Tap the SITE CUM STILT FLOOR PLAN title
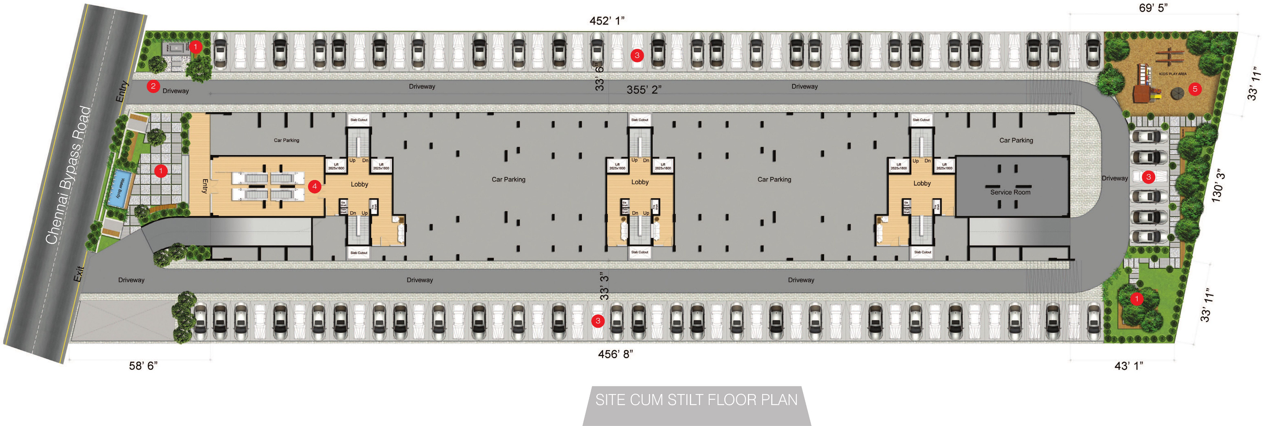pyautogui.click(x=696, y=400)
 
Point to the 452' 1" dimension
pyautogui.click(x=607, y=21)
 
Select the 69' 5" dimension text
pyautogui.click(x=1153, y=8)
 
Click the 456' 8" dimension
pyautogui.click(x=615, y=354)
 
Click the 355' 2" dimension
pyautogui.click(x=644, y=90)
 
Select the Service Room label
pyautogui.click(x=1010, y=192)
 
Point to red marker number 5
pyautogui.click(x=1195, y=89)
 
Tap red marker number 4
pyautogui.click(x=314, y=186)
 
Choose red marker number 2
pyautogui.click(x=153, y=86)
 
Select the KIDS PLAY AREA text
pyautogui.click(x=1172, y=74)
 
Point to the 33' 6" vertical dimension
pyautogui.click(x=599, y=77)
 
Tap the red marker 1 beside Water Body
pyautogui.click(x=160, y=171)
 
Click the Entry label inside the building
pyautogui.click(x=205, y=186)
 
